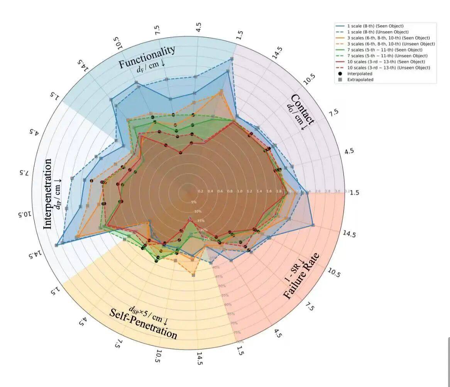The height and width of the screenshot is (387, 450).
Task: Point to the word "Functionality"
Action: [147, 57]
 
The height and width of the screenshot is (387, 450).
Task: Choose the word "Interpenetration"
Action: [48, 193]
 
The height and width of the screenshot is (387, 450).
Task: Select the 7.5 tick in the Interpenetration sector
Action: [24, 172]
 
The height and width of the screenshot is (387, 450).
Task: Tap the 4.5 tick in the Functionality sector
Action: [198, 29]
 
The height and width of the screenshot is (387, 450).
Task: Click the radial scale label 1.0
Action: [240, 191]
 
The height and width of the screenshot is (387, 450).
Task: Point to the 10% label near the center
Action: [198, 211]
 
